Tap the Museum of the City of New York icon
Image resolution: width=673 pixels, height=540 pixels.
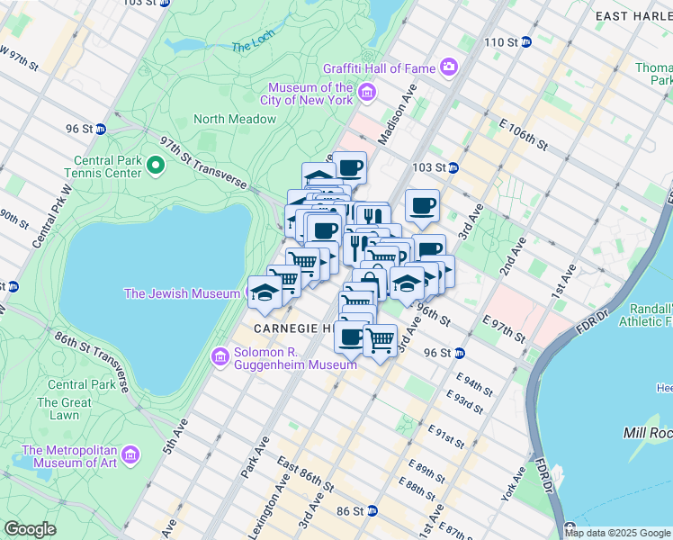coord(366,93)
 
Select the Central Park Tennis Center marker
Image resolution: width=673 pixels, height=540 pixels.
coord(155,164)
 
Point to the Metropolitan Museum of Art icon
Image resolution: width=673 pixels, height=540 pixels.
coord(131,456)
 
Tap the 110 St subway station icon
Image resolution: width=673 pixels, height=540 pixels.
coord(528,42)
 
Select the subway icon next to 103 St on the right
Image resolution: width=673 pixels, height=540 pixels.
coord(454,167)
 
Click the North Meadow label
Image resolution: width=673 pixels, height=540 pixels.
coord(234,119)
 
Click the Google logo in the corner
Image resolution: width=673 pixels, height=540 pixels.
coord(30,528)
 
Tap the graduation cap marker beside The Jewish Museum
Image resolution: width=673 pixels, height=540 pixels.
coord(264,292)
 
